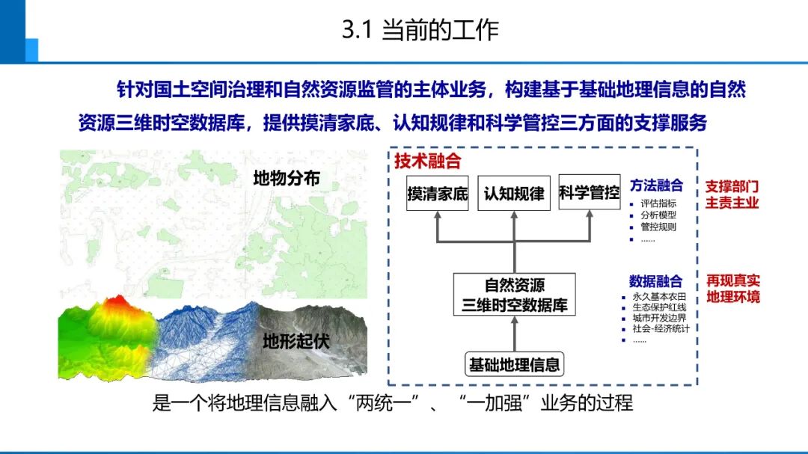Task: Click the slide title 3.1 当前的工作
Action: pyautogui.click(x=420, y=31)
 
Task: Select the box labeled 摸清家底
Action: pyautogui.click(x=437, y=194)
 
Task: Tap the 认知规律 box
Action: pyautogui.click(x=514, y=194)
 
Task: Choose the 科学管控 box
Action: pyautogui.click(x=590, y=194)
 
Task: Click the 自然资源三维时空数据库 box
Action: pyautogui.click(x=514, y=295)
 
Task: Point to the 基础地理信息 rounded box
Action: pyautogui.click(x=514, y=365)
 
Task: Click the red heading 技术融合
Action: pyautogui.click(x=428, y=161)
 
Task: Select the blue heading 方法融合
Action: pyautogui.click(x=656, y=185)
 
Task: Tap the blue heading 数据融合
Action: pyautogui.click(x=656, y=281)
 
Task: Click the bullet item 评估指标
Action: pyautogui.click(x=658, y=203)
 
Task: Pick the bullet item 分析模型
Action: pyautogui.click(x=658, y=215)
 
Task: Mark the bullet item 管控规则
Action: pyautogui.click(x=658, y=227)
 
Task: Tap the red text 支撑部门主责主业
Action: pyautogui.click(x=732, y=194)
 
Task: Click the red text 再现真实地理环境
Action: pyautogui.click(x=733, y=289)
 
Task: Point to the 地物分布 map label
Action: pyautogui.click(x=287, y=179)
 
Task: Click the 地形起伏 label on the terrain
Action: pyautogui.click(x=296, y=343)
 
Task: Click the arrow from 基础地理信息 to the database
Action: pyautogui.click(x=514, y=334)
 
